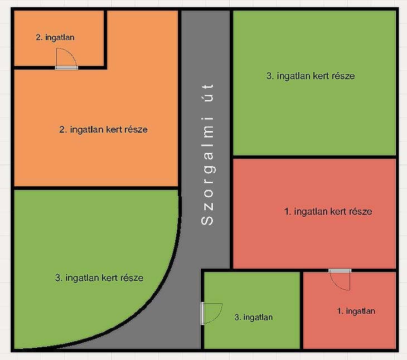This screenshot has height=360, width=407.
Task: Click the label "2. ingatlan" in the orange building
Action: [55, 37]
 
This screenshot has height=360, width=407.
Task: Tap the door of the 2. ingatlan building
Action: [66, 59]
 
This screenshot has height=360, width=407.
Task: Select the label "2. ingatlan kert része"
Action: [103, 129]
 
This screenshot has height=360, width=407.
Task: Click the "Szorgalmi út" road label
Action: [207, 154]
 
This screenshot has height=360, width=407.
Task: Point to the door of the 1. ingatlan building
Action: [340, 280]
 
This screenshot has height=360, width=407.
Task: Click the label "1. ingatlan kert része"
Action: [328, 211]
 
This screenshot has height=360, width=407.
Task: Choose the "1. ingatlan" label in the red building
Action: [356, 311]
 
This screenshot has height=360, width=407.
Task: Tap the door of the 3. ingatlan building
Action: [211, 314]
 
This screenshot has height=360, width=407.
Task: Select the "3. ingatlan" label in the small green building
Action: [253, 317]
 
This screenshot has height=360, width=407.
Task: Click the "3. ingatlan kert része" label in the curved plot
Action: [99, 278]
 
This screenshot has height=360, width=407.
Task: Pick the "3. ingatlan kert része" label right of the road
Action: [311, 76]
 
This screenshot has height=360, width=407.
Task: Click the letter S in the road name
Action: [207, 220]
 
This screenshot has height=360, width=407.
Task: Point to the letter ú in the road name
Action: [207, 98]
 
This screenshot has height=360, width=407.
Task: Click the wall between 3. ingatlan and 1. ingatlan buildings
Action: [302, 310]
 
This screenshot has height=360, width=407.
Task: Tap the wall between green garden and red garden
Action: [314, 157]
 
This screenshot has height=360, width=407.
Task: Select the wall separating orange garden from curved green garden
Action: [96, 188]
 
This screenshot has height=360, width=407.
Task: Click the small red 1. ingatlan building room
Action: [350, 310]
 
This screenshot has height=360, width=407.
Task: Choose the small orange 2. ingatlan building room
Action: [59, 38]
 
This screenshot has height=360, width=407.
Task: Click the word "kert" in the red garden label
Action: [338, 212]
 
